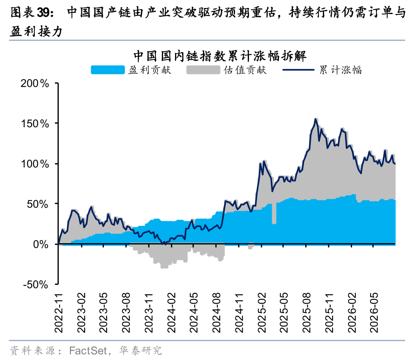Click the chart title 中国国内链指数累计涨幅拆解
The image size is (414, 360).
point(220,56)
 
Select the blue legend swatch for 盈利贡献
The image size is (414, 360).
point(108,70)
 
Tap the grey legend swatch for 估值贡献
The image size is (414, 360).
point(203,70)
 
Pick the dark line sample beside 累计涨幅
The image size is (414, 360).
point(299,70)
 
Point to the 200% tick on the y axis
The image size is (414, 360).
point(35,84)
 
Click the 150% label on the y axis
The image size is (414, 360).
point(35,124)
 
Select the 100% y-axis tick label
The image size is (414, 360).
point(35,164)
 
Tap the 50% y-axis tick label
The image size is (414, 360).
point(38,204)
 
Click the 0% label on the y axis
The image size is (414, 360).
point(41,244)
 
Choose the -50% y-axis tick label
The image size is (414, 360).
point(36,285)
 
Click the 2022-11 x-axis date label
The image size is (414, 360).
point(59,313)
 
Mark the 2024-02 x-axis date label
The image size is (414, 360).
point(171,313)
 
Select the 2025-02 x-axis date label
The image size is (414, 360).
point(262,313)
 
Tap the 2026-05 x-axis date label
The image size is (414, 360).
point(374,313)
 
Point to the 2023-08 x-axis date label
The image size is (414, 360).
point(126,313)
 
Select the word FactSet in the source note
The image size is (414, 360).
point(88,351)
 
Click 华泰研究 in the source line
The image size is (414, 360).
point(141,351)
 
